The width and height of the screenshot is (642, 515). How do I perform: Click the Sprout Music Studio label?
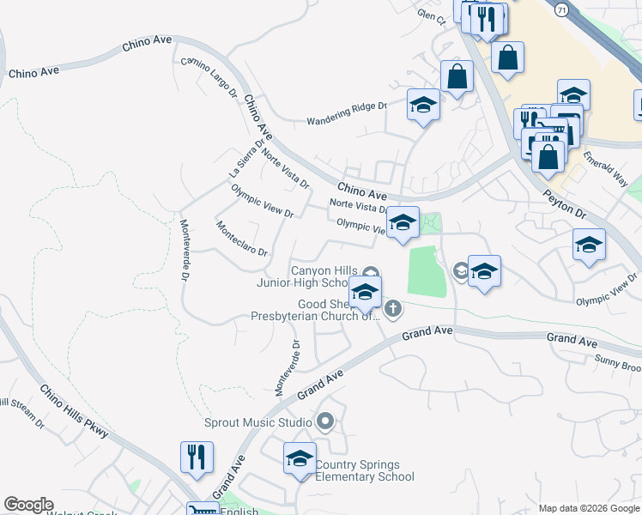coord(257,422)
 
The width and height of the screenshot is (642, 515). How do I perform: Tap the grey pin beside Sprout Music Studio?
coord(324,421)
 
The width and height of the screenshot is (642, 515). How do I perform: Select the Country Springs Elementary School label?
coord(365,471)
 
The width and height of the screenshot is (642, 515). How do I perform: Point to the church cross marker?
coord(393,307)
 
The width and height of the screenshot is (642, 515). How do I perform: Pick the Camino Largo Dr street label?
coord(209,78)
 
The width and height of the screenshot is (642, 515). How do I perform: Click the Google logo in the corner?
coord(28,505)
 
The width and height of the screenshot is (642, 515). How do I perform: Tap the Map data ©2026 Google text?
coord(588,508)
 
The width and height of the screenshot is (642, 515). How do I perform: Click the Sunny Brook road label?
coord(618,367)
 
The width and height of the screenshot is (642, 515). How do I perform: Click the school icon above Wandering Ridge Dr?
coord(423,106)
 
